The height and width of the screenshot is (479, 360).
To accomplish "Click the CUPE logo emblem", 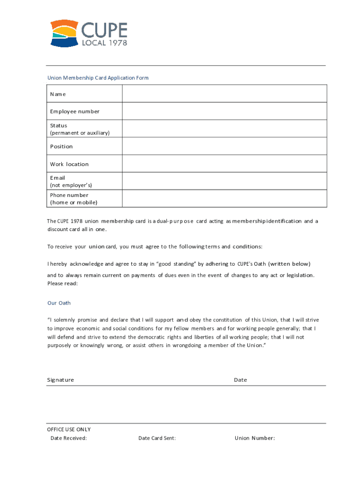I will (x=65, y=33).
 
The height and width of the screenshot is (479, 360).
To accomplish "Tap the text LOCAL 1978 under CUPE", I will (x=104, y=43).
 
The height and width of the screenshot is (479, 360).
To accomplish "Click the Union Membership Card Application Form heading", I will (x=98, y=78).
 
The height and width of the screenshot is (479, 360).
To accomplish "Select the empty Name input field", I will (x=224, y=94).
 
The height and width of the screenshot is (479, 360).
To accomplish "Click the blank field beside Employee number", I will (x=224, y=111).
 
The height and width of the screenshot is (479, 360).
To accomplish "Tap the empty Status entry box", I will (x=224, y=129).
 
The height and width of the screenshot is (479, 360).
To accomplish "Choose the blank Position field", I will (x=224, y=146).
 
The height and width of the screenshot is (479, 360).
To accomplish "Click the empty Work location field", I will (x=224, y=164).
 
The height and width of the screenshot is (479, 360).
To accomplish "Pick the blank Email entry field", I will (x=224, y=181).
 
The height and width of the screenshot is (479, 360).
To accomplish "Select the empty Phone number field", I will (x=224, y=198).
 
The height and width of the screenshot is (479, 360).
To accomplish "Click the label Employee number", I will (x=75, y=111).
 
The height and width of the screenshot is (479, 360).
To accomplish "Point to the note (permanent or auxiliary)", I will (x=80, y=133).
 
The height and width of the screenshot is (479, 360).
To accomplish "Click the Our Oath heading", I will (x=59, y=303).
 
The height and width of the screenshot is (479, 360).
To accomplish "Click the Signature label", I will (x=60, y=380).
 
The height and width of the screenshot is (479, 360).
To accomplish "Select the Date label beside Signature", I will (x=240, y=380).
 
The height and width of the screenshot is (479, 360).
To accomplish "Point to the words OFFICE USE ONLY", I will (x=69, y=429).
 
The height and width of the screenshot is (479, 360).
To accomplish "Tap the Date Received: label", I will (x=69, y=438).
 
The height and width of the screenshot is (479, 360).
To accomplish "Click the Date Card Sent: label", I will (x=157, y=438).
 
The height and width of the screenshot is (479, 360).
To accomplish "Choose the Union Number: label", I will (x=255, y=438).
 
